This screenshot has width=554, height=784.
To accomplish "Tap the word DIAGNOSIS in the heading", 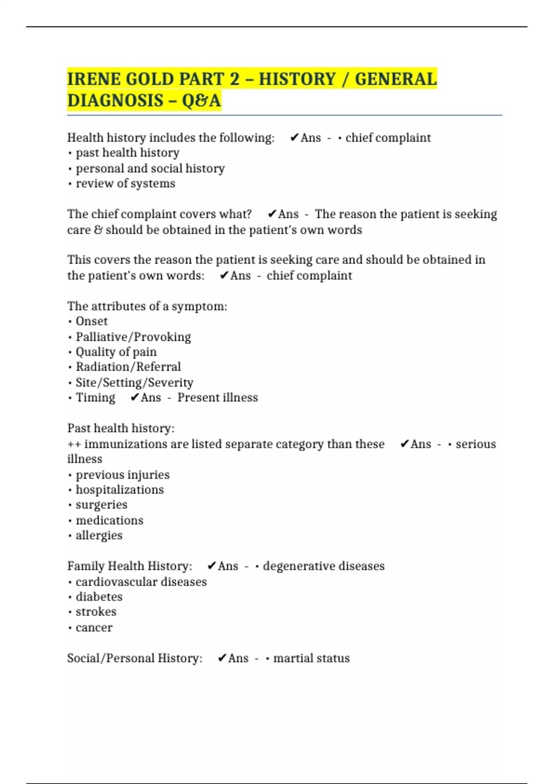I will click(115, 100).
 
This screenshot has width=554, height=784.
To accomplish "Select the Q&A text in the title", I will click(201, 100).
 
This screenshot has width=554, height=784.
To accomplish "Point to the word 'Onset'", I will click(91, 321).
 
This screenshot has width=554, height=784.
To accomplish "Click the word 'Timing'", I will click(95, 398).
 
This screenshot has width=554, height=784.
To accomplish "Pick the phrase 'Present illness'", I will click(217, 398).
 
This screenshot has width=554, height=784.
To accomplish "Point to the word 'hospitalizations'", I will click(120, 490).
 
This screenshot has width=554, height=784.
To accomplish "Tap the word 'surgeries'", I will click(101, 505).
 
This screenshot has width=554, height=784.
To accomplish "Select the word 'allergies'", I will click(99, 535).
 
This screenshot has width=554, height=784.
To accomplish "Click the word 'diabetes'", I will click(99, 597).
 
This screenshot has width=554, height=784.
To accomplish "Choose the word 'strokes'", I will click(96, 612).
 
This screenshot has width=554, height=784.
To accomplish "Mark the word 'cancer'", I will click(94, 628).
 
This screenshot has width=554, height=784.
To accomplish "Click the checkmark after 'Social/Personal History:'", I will click(222, 658).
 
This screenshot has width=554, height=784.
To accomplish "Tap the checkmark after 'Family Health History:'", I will click(212, 566).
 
